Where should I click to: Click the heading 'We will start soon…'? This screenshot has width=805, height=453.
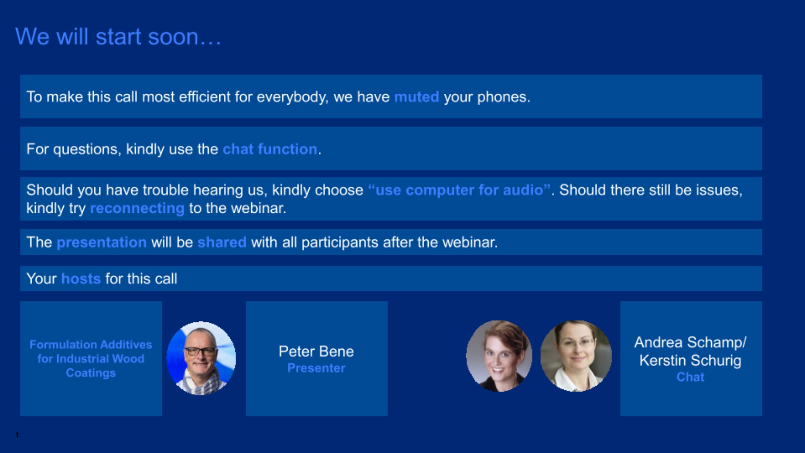click(118, 37)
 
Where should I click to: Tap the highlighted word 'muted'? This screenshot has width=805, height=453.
click(417, 97)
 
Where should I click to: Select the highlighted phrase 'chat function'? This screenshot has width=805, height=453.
click(270, 149)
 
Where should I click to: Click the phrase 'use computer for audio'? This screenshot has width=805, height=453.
click(459, 190)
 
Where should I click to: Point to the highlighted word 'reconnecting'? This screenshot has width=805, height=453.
click(137, 208)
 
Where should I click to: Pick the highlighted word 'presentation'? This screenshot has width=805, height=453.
click(102, 243)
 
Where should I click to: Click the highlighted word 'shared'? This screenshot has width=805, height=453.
click(222, 242)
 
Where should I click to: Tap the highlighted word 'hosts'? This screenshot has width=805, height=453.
click(81, 278)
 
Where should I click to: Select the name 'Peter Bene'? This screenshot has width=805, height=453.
click(316, 351)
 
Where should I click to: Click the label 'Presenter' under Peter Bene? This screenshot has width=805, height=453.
click(316, 368)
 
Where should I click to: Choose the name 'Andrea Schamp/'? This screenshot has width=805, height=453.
click(690, 342)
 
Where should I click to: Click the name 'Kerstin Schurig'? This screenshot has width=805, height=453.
click(690, 360)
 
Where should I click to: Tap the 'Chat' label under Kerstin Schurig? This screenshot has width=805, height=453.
click(690, 377)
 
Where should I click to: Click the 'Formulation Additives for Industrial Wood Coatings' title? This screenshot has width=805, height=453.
click(91, 359)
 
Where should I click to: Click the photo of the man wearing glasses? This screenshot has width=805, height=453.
click(201, 358)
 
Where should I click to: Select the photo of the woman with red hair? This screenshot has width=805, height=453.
click(499, 356)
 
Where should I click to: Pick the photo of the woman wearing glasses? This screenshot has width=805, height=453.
click(576, 356)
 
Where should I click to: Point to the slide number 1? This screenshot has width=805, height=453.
click(17, 435)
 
